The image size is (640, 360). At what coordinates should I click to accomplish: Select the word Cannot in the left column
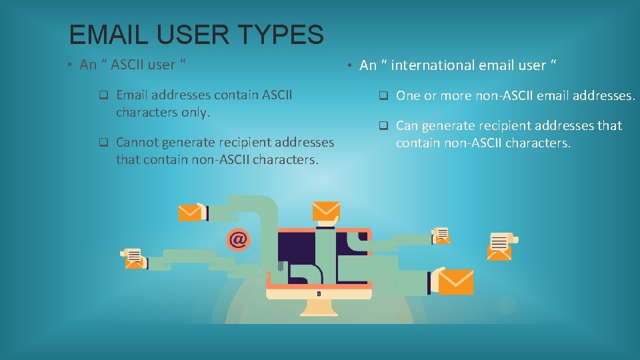(137, 142)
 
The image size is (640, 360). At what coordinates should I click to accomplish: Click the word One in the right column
(407, 96)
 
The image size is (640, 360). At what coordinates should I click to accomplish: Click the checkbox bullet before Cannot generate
(103, 142)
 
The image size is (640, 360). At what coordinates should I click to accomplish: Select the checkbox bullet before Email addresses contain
(103, 95)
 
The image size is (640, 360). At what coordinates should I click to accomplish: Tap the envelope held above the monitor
(327, 210)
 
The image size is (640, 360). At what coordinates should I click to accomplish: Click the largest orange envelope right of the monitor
(455, 281)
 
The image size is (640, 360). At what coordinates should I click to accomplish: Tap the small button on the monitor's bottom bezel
(319, 293)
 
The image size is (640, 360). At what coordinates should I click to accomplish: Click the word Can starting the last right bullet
(407, 125)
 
